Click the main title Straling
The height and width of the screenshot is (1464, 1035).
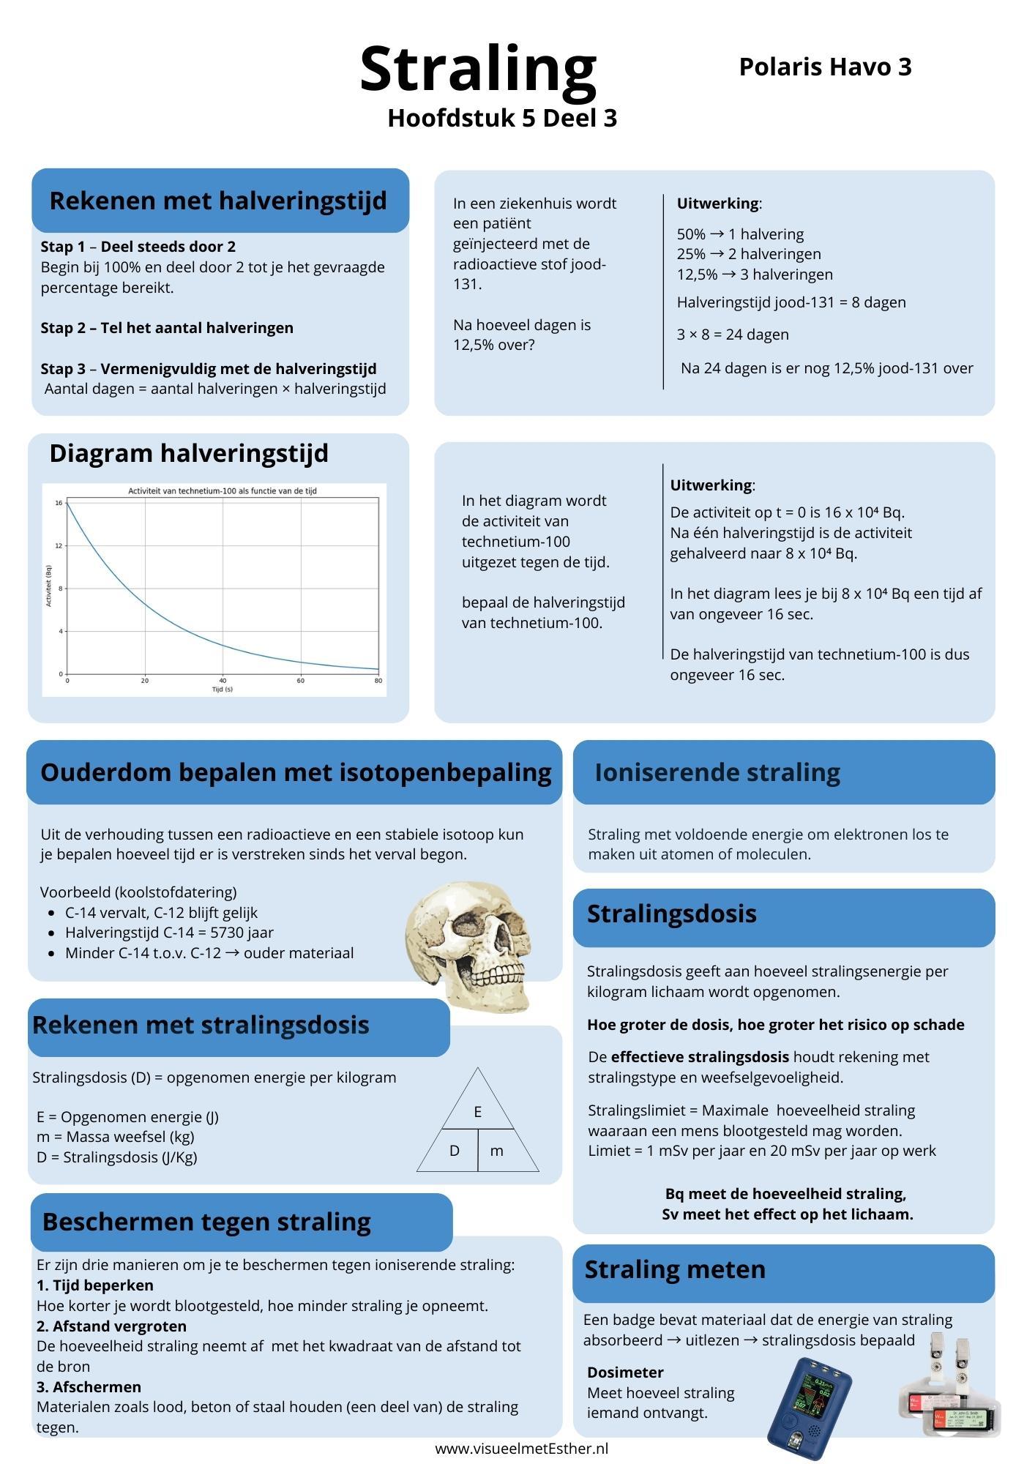[478, 70]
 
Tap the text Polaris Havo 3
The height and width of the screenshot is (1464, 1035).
[825, 67]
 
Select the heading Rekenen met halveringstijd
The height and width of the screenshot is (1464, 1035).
[217, 201]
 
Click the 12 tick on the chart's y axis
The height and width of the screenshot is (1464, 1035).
[59, 545]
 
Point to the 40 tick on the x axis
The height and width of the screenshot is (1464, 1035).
[223, 681]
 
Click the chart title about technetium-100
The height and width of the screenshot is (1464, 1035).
[222, 490]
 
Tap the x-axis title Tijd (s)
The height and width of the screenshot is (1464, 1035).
[222, 690]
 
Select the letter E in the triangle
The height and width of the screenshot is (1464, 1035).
[477, 1112]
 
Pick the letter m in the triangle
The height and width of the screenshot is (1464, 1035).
[496, 1151]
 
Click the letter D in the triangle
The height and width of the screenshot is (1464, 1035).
[454, 1151]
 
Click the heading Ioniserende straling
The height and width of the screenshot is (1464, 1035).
[717, 772]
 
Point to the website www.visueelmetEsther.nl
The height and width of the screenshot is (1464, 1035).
[521, 1449]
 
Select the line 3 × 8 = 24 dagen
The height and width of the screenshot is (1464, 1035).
[732, 335]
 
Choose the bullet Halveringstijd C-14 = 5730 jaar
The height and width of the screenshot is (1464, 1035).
[169, 933]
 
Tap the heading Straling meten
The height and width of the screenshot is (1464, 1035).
[674, 1269]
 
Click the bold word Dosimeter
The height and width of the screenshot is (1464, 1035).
[625, 1372]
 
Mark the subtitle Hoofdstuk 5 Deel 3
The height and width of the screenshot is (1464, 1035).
[502, 118]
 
